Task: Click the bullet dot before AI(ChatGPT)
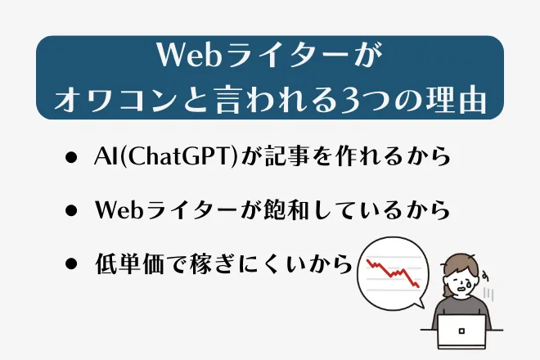coord(71,158)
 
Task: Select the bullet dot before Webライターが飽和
coord(71,211)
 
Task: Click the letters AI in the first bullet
coord(103,157)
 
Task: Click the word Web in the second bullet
coord(119,210)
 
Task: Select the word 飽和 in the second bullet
coord(281,210)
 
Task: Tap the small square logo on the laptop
coord(462,331)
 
